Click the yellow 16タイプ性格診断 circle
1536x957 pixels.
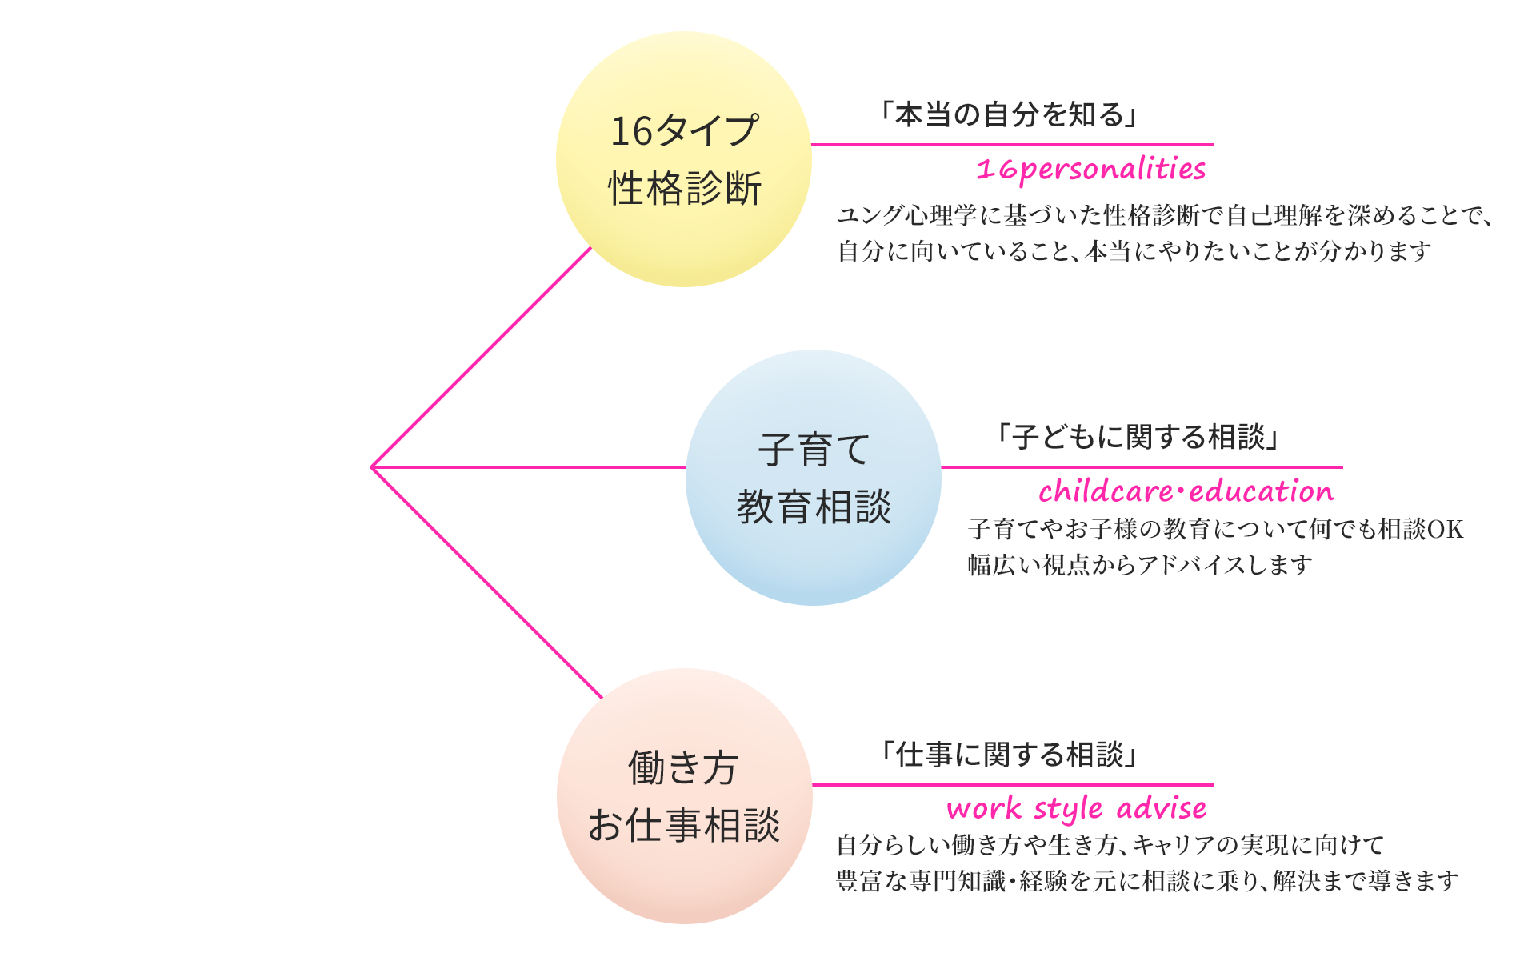tap(684, 158)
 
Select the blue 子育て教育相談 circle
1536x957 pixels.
tap(813, 477)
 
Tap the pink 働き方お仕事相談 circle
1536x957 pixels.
tap(684, 795)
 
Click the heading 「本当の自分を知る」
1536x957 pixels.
tap(1009, 115)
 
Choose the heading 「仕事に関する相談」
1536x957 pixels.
tap(1009, 754)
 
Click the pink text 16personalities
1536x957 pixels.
tap(1090, 170)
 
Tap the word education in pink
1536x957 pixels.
tap(1262, 491)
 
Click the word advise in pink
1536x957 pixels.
tap(1162, 808)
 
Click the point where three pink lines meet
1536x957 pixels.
tap(373, 467)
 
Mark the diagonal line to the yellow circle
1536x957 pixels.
tap(480, 357)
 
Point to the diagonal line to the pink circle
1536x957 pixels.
tap(486, 583)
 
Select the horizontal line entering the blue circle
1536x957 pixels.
tap(528, 467)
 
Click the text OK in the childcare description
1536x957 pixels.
tap(1446, 529)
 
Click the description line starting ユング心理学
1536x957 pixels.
tap(1164, 215)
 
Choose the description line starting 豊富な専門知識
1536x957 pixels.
tap(1147, 881)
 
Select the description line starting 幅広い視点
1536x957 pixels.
tap(1139, 565)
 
